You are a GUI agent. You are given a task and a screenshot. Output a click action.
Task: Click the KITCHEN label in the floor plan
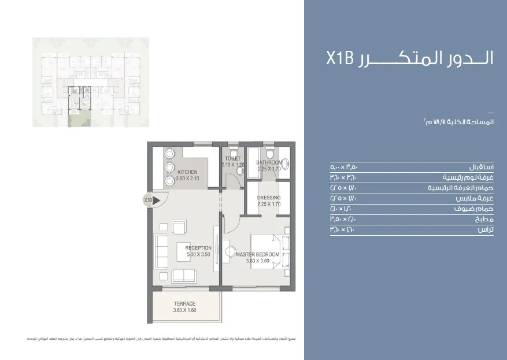(x=187, y=172)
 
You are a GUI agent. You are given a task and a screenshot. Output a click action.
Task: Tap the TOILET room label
(x=233, y=158)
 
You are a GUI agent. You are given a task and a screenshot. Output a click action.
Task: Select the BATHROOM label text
(x=269, y=162)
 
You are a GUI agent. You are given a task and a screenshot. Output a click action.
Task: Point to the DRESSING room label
(x=269, y=198)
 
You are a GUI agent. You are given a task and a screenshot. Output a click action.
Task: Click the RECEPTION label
(x=198, y=248)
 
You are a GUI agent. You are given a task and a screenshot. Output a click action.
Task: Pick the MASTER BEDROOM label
(x=258, y=254)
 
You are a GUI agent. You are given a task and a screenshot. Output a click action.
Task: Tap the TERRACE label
(x=184, y=304)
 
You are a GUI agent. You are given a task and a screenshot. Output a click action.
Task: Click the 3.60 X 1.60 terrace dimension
(x=184, y=311)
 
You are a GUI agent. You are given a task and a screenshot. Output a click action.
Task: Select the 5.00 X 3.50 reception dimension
(x=198, y=254)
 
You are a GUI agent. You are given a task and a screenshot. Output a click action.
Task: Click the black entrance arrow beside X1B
(x=156, y=201)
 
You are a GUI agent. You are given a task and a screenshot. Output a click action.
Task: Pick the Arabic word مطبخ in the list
(x=485, y=220)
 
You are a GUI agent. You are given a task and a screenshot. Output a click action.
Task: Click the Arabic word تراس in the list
(x=486, y=230)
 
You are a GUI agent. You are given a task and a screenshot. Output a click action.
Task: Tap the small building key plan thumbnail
(x=91, y=82)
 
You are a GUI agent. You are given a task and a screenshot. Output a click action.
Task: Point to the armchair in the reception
(x=180, y=227)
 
